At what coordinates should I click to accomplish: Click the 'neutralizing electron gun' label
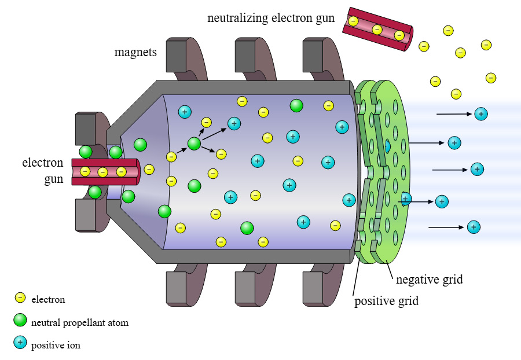tap(271, 18)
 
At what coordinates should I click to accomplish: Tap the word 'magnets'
tap(135, 53)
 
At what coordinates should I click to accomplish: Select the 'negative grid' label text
tap(430, 280)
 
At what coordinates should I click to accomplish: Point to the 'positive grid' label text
tap(386, 301)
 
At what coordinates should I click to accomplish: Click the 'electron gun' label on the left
tap(43, 171)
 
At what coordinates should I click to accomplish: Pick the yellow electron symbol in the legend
tap(20, 298)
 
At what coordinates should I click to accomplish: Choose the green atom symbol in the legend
tap(20, 321)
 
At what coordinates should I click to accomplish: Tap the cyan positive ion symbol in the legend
tap(20, 343)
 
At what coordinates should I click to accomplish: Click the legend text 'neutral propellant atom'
tap(80, 323)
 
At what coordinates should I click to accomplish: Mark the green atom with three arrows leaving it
tap(194, 143)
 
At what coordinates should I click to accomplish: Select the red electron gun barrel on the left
tap(104, 171)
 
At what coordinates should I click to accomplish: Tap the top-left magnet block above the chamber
tap(179, 56)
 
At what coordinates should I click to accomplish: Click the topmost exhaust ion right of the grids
tap(480, 113)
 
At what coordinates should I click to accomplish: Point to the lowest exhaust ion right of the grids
tap(474, 227)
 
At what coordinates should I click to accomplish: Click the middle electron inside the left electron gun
tap(102, 172)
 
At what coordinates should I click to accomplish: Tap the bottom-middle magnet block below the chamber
tap(247, 288)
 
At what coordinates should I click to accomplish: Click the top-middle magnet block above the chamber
tap(247, 56)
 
